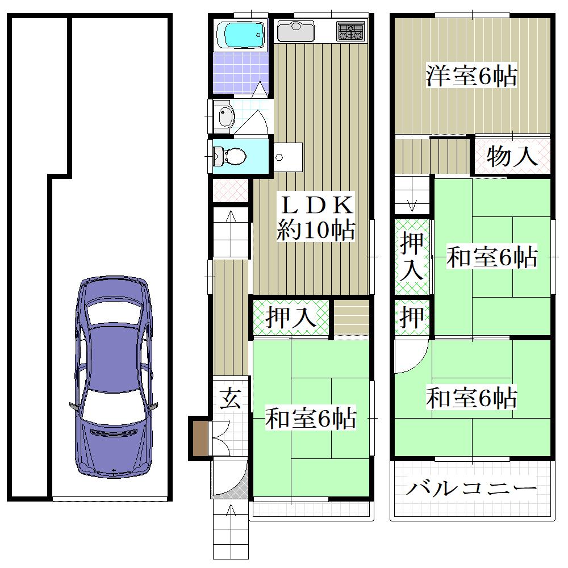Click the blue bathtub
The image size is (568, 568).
tap(240, 35)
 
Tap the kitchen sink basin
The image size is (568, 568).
tap(295, 31)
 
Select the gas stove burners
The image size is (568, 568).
tap(350, 31)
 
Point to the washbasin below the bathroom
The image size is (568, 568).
tap(224, 116)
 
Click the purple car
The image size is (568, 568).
tap(114, 377)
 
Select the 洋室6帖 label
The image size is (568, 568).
tap(471, 76)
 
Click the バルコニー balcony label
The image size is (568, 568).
tap(471, 489)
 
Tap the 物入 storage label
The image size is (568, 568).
tap(511, 156)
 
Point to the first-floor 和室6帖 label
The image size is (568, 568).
tap(311, 418)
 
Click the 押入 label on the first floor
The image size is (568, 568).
tap(291, 318)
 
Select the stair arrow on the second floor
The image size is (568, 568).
tap(412, 204)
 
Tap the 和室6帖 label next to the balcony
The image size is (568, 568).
tap(471, 398)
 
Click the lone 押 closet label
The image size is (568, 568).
tap(412, 318)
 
